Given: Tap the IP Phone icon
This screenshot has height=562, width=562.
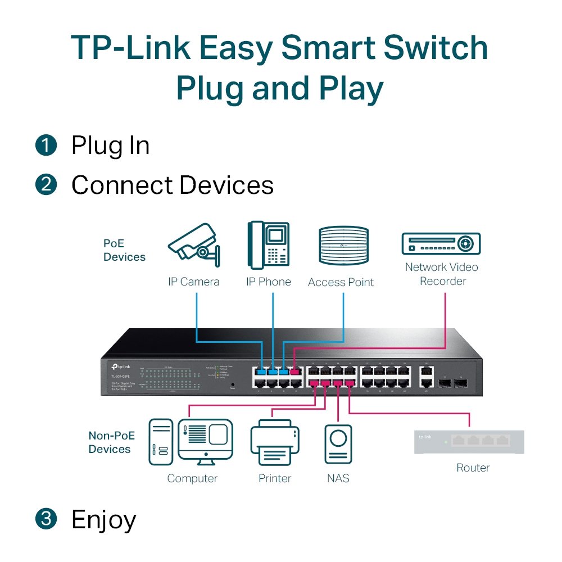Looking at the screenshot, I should (x=268, y=246).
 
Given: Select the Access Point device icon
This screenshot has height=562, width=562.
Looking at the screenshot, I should (x=343, y=246).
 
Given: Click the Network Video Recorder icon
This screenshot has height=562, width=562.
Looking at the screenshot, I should (x=441, y=243).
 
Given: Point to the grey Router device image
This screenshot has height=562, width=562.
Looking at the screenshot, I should (x=469, y=441).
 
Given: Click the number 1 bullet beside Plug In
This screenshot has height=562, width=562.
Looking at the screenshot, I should (x=46, y=146).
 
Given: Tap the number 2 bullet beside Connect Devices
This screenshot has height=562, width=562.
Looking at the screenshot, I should (x=46, y=185).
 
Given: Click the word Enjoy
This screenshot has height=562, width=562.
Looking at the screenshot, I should (x=103, y=520).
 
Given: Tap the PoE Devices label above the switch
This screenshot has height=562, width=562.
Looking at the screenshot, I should (x=124, y=251).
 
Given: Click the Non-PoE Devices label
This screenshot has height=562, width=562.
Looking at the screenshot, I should (x=110, y=442).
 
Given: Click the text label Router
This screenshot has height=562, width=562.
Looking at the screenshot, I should (x=473, y=468).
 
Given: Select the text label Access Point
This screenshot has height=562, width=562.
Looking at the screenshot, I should (x=341, y=282).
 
